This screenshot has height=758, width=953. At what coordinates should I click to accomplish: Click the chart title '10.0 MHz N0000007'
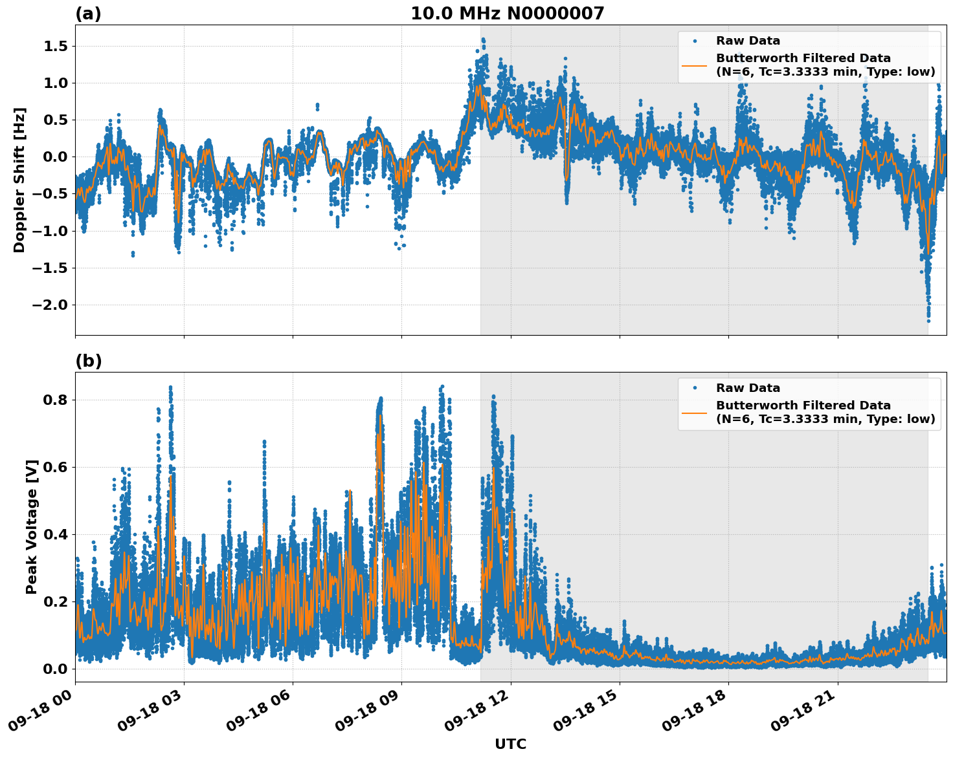(x=507, y=14)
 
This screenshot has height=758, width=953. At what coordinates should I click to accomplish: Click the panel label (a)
(x=88, y=14)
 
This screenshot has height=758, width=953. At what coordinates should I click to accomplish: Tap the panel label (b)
(x=88, y=361)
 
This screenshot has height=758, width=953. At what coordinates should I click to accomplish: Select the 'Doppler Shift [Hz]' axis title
(x=19, y=180)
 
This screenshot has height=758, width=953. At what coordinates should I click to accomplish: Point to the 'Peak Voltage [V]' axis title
(x=32, y=526)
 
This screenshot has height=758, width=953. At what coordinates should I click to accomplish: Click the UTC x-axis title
(x=510, y=744)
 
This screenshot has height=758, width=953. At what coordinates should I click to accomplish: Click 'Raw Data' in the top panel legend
(x=748, y=41)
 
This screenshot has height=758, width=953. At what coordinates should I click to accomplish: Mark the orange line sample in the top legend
(x=694, y=65)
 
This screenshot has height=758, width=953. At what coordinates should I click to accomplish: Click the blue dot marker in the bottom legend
(x=694, y=388)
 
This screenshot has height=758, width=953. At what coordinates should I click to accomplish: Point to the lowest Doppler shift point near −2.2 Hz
(x=928, y=320)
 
